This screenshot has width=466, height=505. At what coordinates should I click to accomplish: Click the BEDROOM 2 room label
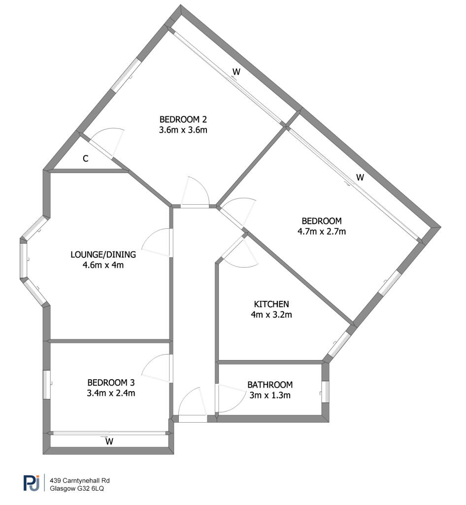point(183,119)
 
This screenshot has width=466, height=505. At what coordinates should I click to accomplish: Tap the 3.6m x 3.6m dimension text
point(183,130)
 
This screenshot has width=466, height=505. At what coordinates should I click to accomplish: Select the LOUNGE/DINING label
point(103,254)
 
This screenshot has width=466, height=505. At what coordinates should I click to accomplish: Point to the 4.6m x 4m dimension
point(103,265)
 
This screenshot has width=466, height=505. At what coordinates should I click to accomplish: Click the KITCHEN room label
point(271,304)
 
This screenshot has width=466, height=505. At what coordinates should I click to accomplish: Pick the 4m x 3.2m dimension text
point(271,315)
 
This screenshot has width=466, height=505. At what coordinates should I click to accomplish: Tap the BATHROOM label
point(270,385)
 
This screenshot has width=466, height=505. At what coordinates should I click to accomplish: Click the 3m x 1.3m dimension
point(270,395)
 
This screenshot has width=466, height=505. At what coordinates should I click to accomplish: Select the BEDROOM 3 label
point(111,383)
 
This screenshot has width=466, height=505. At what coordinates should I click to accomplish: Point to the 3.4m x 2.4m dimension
point(111,393)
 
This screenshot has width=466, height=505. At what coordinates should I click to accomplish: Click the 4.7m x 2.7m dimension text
point(322,232)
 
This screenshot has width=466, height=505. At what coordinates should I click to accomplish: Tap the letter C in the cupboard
point(86,158)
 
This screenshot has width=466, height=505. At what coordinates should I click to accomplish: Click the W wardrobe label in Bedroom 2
point(236,72)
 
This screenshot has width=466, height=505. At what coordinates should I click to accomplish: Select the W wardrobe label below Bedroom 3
point(109,441)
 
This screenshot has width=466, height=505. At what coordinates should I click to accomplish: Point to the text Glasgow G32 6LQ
point(77,489)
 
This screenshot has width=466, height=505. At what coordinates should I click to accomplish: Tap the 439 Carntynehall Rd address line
point(80,480)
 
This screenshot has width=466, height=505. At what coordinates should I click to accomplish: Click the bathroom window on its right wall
point(326,392)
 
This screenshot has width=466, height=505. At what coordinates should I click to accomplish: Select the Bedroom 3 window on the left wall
point(47,385)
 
